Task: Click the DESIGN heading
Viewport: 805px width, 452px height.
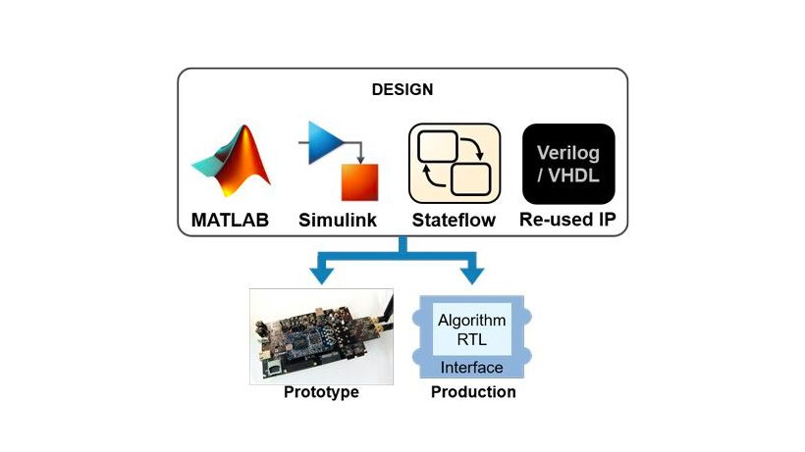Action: (x=402, y=89)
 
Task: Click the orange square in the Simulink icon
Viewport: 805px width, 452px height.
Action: (x=358, y=183)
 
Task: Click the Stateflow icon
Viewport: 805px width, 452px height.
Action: (x=455, y=162)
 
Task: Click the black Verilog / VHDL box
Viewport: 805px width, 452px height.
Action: (x=568, y=162)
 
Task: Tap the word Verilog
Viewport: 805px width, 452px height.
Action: (x=568, y=153)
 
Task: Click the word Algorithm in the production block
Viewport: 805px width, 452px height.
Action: (x=471, y=321)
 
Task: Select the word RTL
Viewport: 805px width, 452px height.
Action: (x=471, y=339)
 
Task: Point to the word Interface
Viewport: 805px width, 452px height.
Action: (x=471, y=368)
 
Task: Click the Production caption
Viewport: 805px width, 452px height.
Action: (x=473, y=392)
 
